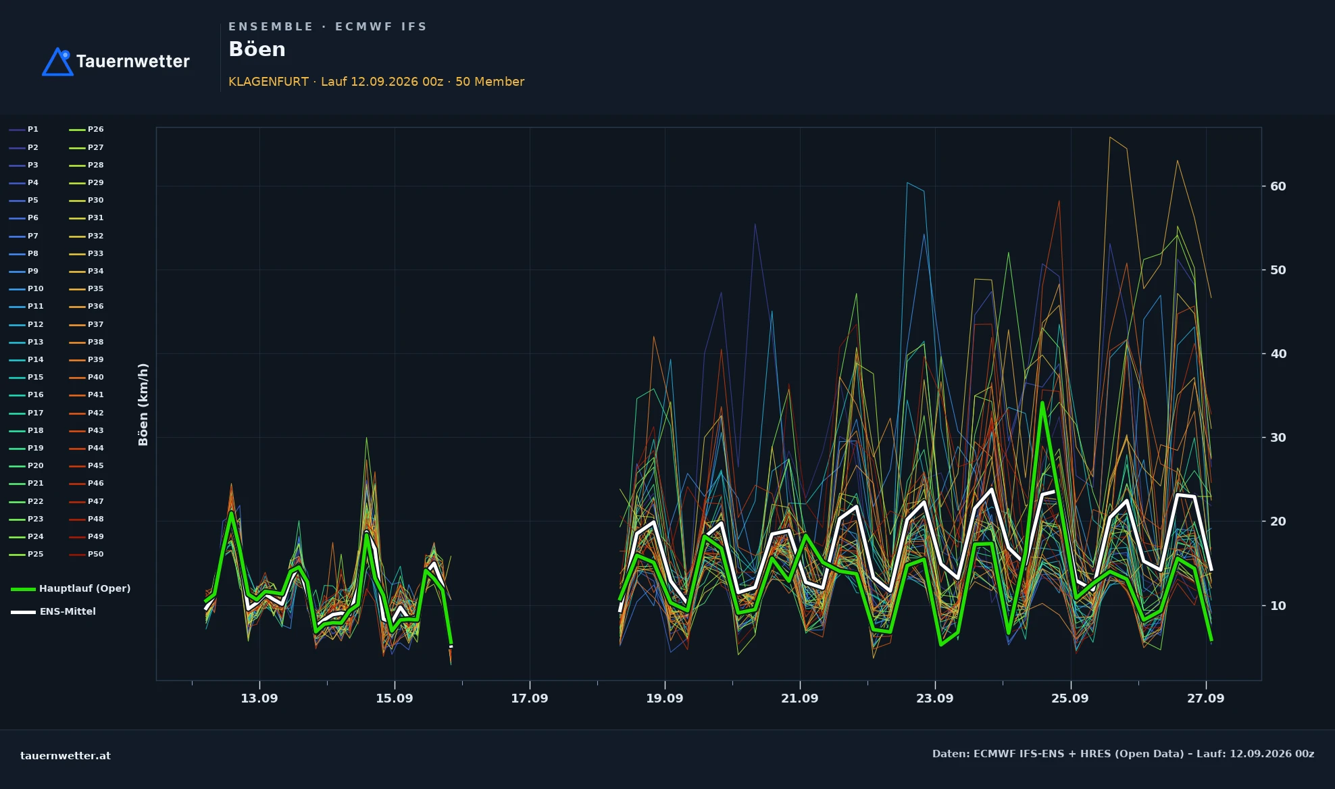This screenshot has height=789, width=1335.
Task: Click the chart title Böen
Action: click(257, 49)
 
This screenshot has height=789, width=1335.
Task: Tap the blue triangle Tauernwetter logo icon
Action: click(57, 61)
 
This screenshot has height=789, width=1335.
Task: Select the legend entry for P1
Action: click(24, 130)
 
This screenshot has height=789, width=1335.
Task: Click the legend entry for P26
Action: click(86, 130)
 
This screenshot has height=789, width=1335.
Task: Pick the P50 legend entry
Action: click(86, 555)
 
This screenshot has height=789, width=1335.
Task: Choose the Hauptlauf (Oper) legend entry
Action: click(71, 588)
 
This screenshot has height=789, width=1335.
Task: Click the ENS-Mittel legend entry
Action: click(53, 611)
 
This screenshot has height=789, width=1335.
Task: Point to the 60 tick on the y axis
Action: click(1278, 186)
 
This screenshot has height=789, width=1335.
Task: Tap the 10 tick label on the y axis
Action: click(1278, 605)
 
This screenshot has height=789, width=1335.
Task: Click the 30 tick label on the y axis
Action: click(1278, 438)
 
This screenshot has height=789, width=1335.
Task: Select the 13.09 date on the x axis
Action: click(259, 698)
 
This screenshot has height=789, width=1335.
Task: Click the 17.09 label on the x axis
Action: click(530, 698)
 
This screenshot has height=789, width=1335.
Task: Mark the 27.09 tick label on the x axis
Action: click(1206, 698)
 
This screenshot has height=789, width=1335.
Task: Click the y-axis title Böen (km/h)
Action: click(143, 404)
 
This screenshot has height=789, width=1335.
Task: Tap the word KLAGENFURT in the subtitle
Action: click(268, 82)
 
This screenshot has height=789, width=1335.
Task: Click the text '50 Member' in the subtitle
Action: click(490, 82)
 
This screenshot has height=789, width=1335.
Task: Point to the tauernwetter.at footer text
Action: click(66, 756)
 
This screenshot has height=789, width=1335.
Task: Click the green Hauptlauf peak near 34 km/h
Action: click(1042, 403)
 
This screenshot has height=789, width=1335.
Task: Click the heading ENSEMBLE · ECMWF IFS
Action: click(328, 27)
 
